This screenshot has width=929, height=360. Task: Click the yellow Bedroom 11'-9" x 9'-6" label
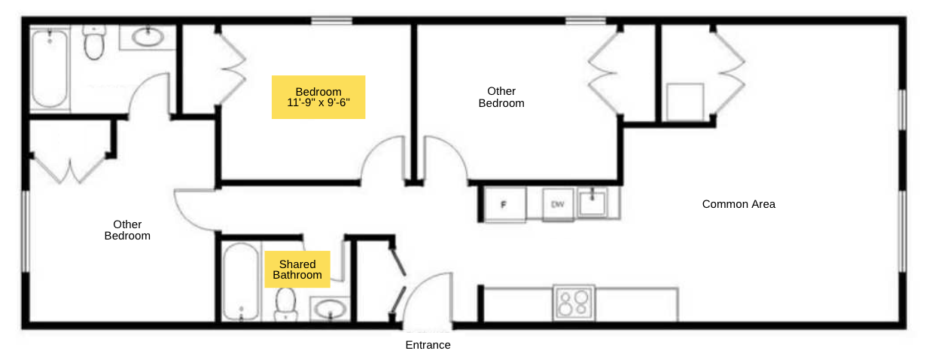tap(318, 97)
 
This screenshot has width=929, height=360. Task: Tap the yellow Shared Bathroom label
tap(297, 269)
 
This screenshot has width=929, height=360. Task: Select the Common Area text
tap(739, 204)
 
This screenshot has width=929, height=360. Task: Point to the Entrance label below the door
tap(428, 345)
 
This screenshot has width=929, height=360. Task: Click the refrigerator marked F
tap(504, 204)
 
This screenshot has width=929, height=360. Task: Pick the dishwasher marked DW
tap(558, 203)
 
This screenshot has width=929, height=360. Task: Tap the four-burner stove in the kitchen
tap(574, 303)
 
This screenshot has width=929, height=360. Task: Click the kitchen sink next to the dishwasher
tap(592, 203)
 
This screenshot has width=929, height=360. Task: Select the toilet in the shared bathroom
tap(285, 304)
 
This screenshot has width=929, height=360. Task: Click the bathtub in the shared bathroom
tap(241, 281)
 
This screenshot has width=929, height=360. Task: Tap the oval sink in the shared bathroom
tap(330, 309)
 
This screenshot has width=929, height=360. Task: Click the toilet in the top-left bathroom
tap(94, 42)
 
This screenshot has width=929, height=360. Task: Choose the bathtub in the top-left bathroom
tap(50, 69)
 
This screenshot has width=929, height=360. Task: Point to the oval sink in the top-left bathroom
tap(148, 37)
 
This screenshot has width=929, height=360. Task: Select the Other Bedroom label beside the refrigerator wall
tap(501, 97)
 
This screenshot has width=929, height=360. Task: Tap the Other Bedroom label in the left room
tap(127, 230)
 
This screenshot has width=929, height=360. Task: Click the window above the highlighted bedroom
tap(332, 20)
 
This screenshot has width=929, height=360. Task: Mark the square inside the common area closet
tap(685, 102)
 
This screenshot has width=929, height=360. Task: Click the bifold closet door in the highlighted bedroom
tap(232, 69)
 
